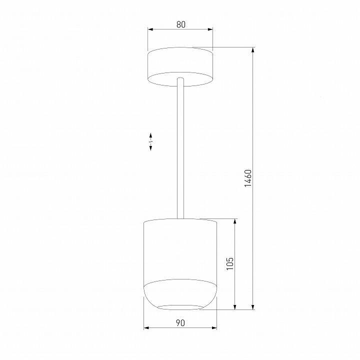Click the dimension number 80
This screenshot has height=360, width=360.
pos(180,24)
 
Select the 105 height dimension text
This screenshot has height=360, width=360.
pos(229,263)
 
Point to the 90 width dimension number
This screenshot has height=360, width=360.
pos(180,322)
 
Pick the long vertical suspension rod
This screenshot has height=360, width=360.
pos(180,150)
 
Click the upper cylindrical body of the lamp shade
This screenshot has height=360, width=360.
pos(180,250)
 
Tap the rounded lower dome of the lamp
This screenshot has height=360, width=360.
pos(180,292)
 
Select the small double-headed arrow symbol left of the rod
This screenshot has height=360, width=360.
pos(150,142)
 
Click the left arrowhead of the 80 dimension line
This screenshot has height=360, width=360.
pos(149,29)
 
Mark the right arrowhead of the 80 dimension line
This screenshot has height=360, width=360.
pos(211,29)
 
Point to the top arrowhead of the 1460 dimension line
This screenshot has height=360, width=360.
pos(253,50)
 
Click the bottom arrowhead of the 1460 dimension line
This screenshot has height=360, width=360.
pos(253,306)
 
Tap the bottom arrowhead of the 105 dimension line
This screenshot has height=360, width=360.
pos(235,306)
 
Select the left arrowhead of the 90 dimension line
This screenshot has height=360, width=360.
pos(146,328)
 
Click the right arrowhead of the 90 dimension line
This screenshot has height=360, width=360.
pos(215,328)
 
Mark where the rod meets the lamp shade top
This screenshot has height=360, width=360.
pos(180,218)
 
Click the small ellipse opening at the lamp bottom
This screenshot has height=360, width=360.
pos(180,306)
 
